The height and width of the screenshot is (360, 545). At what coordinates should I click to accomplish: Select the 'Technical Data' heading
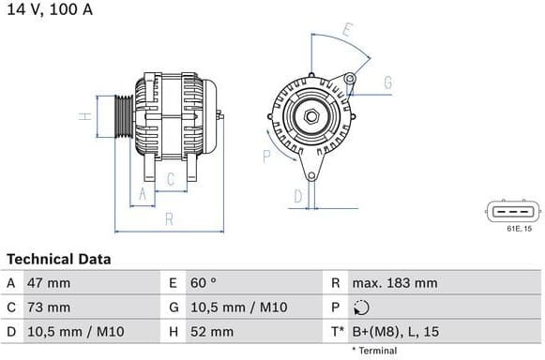click(58, 259)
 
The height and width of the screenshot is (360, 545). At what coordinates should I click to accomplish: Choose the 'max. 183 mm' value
click(394, 282)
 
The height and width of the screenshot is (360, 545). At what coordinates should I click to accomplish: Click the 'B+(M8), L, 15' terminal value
click(395, 331)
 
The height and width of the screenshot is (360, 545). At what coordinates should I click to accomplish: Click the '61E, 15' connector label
click(519, 228)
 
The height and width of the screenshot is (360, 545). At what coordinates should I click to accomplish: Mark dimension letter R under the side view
click(169, 219)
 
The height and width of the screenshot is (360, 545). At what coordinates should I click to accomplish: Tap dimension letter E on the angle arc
click(347, 30)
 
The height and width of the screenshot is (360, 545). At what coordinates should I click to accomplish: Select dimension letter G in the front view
click(386, 82)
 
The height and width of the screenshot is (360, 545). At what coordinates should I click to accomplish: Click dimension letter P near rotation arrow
click(266, 156)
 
